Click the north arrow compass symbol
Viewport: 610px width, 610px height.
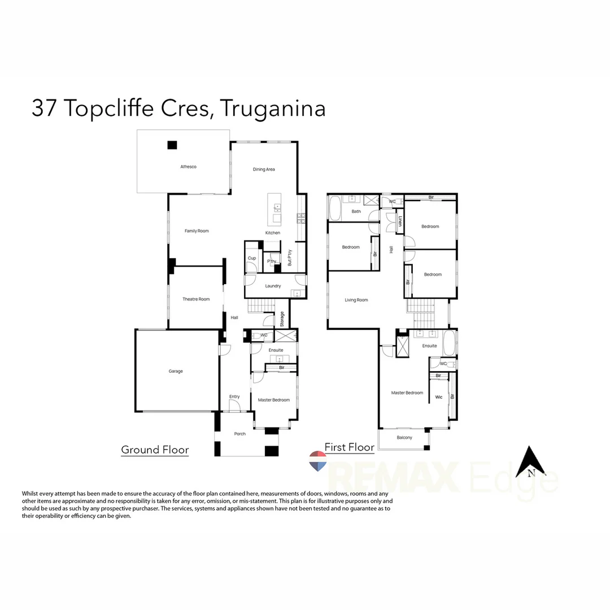(x=531, y=461)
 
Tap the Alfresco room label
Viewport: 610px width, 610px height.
(x=188, y=167)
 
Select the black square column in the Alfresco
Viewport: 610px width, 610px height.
(x=172, y=145)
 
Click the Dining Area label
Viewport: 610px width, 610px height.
(x=264, y=169)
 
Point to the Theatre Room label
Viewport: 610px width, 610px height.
(x=196, y=299)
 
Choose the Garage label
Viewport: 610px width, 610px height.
(x=176, y=371)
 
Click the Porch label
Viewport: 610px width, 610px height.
(x=240, y=434)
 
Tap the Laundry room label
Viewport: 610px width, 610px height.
(x=273, y=286)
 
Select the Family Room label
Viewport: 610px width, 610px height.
(x=197, y=230)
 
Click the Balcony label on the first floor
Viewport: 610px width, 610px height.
(x=404, y=438)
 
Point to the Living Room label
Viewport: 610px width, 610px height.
(x=356, y=300)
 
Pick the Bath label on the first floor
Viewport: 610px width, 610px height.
(x=356, y=211)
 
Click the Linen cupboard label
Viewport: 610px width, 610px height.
(x=400, y=221)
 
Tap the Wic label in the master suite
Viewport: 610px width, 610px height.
(x=439, y=397)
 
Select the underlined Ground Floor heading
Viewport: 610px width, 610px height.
(x=155, y=450)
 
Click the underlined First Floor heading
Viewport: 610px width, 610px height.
(x=350, y=447)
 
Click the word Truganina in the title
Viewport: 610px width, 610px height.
(x=272, y=108)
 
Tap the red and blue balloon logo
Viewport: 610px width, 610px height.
(x=318, y=461)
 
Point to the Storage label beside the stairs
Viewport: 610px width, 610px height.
(x=282, y=319)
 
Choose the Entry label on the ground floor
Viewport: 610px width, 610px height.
(x=234, y=396)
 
